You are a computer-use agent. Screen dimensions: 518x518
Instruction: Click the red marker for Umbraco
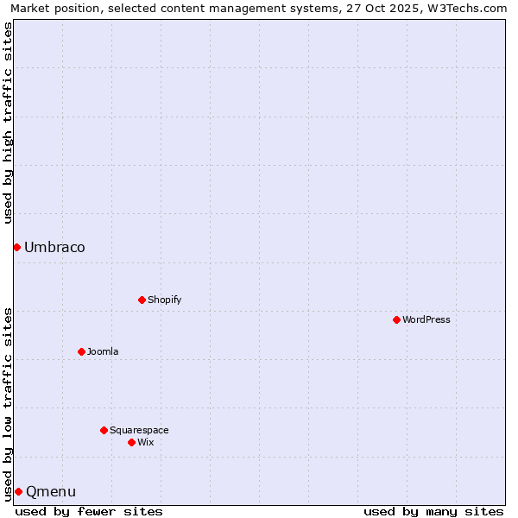click(x=16, y=248)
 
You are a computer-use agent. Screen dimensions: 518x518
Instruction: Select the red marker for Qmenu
click(x=18, y=491)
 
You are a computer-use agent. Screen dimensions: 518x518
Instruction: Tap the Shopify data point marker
click(x=142, y=300)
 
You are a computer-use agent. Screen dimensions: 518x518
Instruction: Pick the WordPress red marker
click(x=396, y=319)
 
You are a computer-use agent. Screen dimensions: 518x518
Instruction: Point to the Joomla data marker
click(x=81, y=351)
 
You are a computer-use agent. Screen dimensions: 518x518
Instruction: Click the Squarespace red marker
click(x=104, y=430)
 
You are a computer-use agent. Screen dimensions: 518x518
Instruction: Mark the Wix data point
click(x=131, y=442)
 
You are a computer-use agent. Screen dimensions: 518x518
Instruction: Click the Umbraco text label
click(x=54, y=248)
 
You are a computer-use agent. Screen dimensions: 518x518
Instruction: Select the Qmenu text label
click(x=51, y=492)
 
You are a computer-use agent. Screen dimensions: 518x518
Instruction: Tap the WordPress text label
click(x=426, y=319)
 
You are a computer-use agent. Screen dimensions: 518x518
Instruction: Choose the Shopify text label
click(x=164, y=300)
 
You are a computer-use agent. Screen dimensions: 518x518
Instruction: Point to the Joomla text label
click(x=103, y=351)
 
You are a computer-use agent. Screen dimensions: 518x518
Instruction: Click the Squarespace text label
click(x=139, y=430)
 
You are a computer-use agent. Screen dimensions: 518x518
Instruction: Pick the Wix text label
click(x=145, y=442)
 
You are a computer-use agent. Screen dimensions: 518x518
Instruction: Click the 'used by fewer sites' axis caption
click(x=89, y=511)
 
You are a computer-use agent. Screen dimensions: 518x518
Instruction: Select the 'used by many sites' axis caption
click(x=433, y=511)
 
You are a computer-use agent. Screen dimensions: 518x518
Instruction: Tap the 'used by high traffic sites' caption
click(x=8, y=123)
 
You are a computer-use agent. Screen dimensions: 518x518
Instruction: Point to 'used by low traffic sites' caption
click(x=8, y=403)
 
